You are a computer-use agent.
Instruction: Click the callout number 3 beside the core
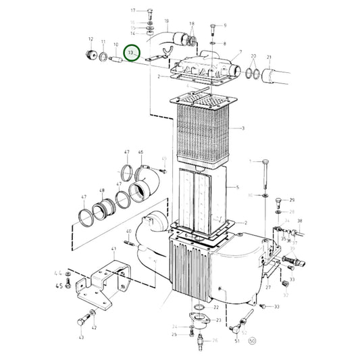(242, 128)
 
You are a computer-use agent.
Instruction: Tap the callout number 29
(292, 200)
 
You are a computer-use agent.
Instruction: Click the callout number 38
(300, 221)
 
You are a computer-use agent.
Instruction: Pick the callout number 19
(165, 21)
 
